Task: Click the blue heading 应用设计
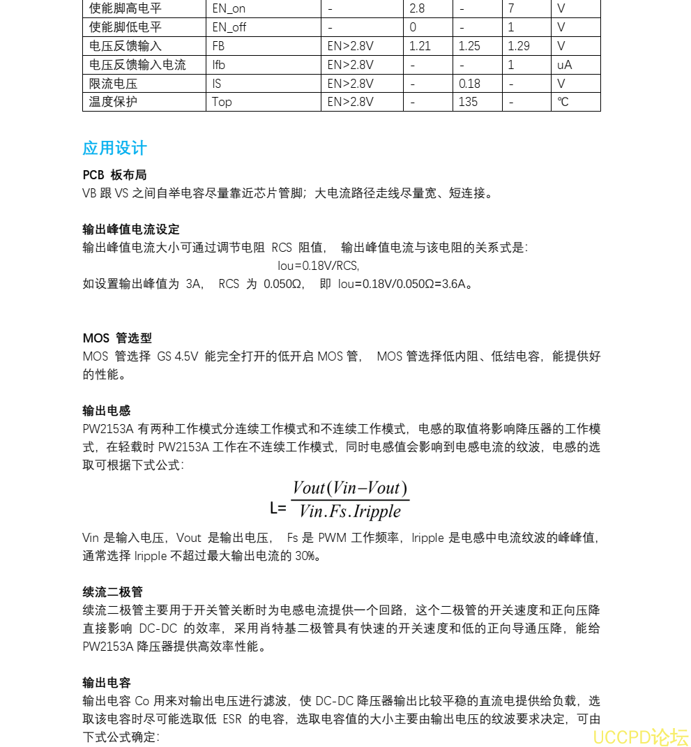[114, 148]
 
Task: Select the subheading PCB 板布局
[114, 175]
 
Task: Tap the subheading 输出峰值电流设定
[130, 229]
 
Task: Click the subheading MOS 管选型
[117, 338]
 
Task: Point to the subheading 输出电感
[107, 411]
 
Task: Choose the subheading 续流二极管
[112, 592]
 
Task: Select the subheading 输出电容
[107, 683]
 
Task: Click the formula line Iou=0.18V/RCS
[318, 266]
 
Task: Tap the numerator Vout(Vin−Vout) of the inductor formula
[350, 488]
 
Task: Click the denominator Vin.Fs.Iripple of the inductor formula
[349, 511]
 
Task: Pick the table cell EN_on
[229, 9]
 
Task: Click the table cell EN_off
[229, 28]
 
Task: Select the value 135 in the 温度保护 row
[468, 102]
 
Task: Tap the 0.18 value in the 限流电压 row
[469, 84]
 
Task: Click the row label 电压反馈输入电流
[137, 65]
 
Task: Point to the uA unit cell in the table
[564, 65]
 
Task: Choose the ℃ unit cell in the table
[563, 102]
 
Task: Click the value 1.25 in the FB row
[469, 46]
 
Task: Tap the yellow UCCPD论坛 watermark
[640, 737]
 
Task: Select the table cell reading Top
[222, 102]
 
